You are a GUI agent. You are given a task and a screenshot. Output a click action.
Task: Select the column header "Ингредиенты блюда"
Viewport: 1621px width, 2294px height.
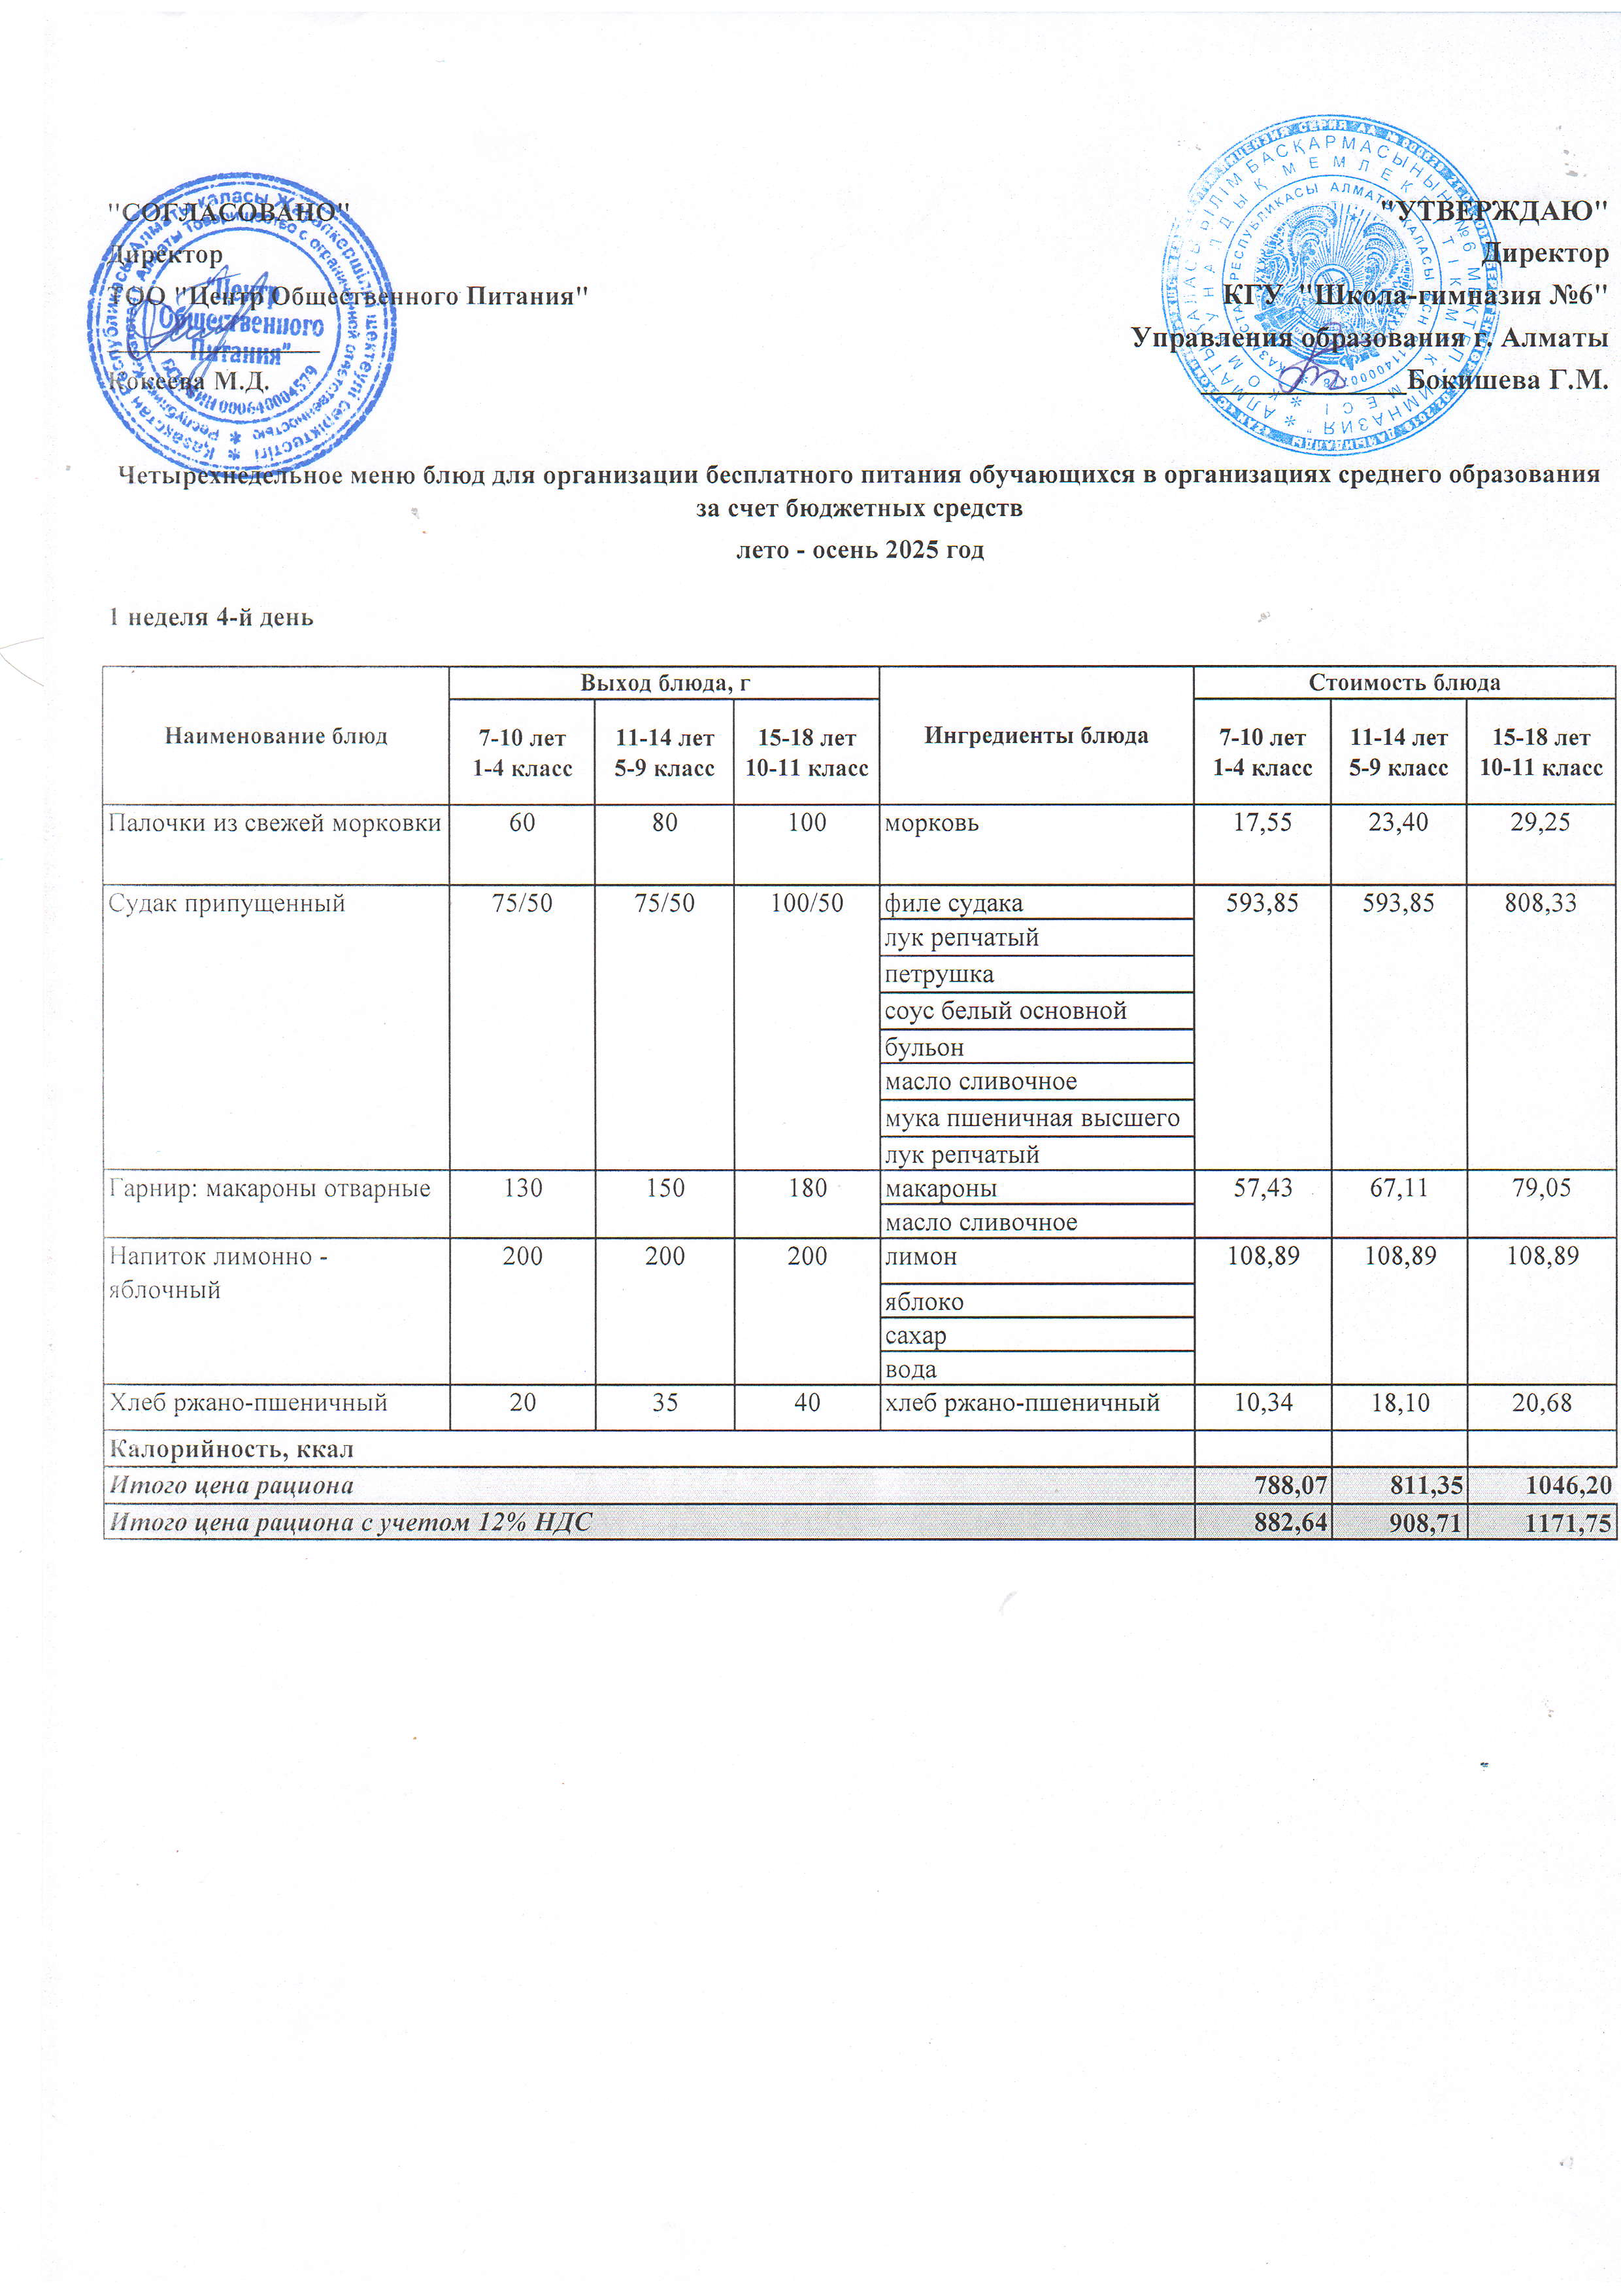click(x=1036, y=736)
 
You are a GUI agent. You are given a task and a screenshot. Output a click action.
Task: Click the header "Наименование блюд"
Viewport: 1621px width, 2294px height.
click(x=276, y=736)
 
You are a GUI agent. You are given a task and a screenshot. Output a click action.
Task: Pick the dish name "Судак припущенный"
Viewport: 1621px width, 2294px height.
click(x=227, y=903)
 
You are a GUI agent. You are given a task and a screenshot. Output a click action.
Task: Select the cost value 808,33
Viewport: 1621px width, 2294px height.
click(x=1540, y=903)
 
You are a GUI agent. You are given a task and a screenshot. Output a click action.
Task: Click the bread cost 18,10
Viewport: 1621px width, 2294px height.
click(x=1398, y=1403)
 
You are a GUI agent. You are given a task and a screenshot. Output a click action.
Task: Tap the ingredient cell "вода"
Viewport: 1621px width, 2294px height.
click(x=911, y=1369)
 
